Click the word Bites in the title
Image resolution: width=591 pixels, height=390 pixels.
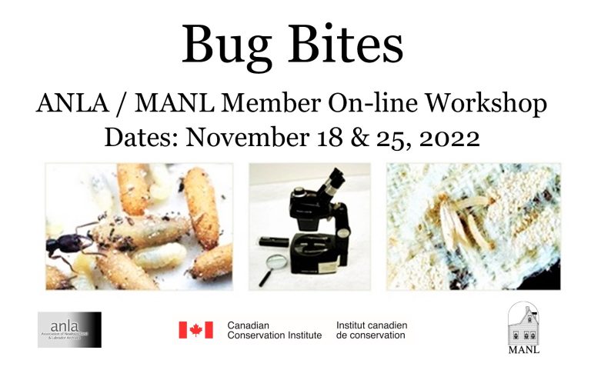click(x=347, y=45)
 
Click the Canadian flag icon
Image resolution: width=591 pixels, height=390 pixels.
click(x=195, y=330)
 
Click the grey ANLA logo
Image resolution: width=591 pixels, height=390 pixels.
click(x=69, y=329)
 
